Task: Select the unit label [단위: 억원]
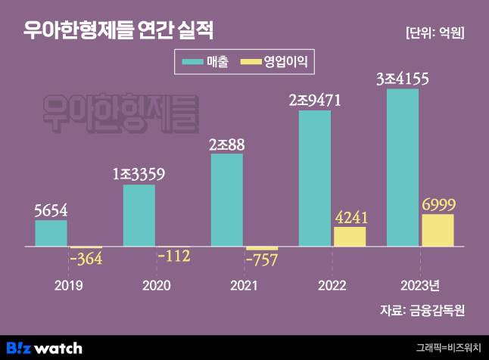(x=434, y=33)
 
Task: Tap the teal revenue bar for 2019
(x=51, y=234)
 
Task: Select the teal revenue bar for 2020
(x=139, y=216)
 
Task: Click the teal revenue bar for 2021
(x=226, y=200)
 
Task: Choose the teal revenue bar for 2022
(x=314, y=179)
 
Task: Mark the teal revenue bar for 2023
(x=402, y=168)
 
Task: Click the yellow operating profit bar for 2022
(x=349, y=237)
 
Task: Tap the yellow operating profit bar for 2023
(x=437, y=231)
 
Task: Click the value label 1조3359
(x=139, y=174)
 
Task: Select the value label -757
(x=262, y=259)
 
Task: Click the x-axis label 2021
(x=244, y=285)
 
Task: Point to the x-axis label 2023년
(x=419, y=285)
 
